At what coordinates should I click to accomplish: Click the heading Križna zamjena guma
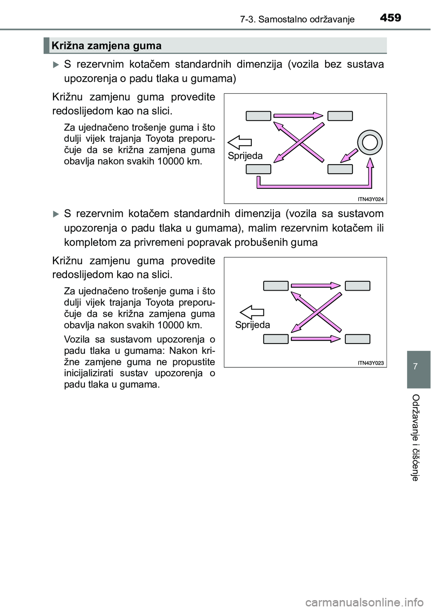tap(106, 46)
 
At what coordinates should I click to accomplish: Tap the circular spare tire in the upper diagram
tap(369, 142)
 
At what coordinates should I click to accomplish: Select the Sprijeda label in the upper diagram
tap(245, 156)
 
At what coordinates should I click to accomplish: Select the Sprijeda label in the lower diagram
tap(252, 325)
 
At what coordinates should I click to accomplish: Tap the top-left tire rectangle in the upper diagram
tap(258, 116)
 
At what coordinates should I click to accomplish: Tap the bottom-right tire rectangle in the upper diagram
tap(340, 169)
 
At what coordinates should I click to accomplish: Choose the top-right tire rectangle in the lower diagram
tap(357, 286)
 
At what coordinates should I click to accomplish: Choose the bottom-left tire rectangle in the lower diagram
tap(276, 339)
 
